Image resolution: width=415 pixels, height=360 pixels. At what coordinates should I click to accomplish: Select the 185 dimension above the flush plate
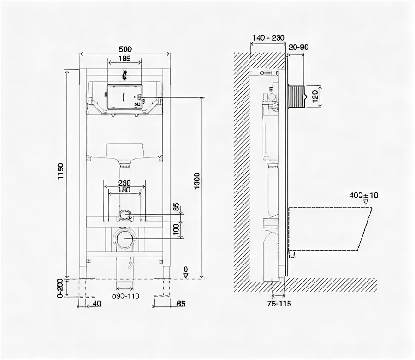pos(125,59)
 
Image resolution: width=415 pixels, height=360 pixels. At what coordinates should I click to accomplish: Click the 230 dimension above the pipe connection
pos(125,183)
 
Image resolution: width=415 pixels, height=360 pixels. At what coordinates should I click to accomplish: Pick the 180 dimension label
pos(125,190)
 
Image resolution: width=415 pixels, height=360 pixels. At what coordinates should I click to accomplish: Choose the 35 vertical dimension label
pos(176,207)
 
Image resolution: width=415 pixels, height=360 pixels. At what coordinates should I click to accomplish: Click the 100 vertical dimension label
pos(176,228)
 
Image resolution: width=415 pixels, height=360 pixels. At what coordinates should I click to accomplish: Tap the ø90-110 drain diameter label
pos(126,296)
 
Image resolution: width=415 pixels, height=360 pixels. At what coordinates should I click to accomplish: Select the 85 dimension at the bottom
pos(181,303)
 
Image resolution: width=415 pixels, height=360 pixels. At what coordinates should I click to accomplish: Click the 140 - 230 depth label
pos(268,38)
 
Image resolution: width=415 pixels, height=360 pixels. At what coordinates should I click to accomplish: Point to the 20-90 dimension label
pos(298,47)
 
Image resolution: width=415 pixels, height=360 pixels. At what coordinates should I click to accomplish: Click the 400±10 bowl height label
pos(363,195)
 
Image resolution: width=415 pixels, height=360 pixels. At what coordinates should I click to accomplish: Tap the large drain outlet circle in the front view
pos(125,239)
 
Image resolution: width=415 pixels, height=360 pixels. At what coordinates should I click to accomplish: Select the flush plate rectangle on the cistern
pos(125,97)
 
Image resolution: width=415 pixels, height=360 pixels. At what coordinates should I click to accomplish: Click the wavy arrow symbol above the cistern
pos(125,74)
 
